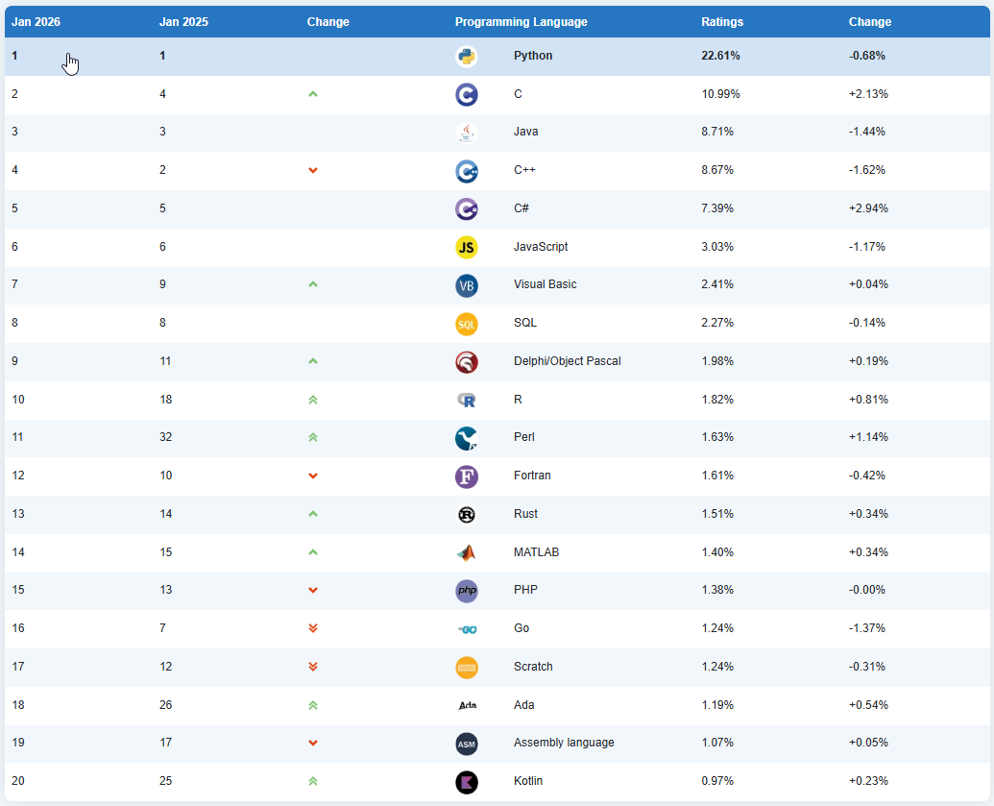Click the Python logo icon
click(466, 56)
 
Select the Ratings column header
click(722, 22)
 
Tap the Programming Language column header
click(521, 22)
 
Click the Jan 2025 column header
click(182, 22)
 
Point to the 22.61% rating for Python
click(720, 56)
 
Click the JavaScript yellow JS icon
click(466, 247)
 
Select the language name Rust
click(525, 514)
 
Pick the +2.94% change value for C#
click(868, 208)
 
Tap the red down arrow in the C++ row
click(313, 170)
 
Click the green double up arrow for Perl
click(313, 437)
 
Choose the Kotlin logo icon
click(466, 781)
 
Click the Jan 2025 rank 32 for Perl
click(166, 437)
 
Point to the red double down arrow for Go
click(313, 628)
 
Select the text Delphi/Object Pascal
click(567, 361)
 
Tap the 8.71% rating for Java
click(717, 132)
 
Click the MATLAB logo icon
click(466, 552)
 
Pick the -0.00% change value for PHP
click(868, 590)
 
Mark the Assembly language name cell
click(564, 743)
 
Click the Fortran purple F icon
click(466, 476)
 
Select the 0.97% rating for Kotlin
click(717, 781)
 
